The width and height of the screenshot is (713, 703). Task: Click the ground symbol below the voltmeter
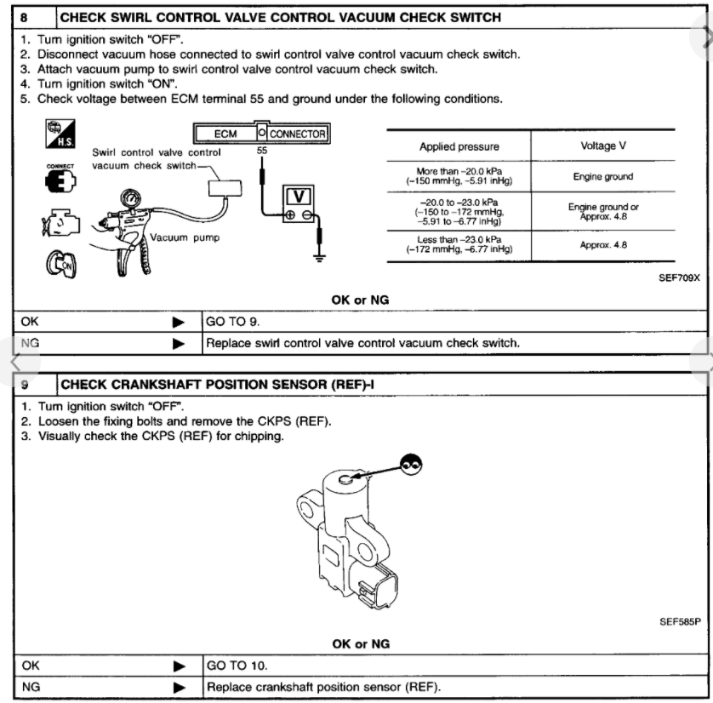pyautogui.click(x=321, y=254)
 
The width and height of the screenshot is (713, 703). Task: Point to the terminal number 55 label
pyautogui.click(x=262, y=150)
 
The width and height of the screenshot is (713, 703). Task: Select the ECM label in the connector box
pyautogui.click(x=225, y=134)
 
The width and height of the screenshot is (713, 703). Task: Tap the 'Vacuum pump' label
pyautogui.click(x=184, y=237)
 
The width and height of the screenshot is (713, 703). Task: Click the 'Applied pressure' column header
pyautogui.click(x=459, y=146)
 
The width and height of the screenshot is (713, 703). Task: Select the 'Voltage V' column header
pyautogui.click(x=602, y=146)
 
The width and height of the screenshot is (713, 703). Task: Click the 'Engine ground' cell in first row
pyautogui.click(x=603, y=177)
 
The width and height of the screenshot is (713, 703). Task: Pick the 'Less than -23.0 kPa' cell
pyautogui.click(x=459, y=243)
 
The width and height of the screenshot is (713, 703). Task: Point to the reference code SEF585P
pyautogui.click(x=680, y=621)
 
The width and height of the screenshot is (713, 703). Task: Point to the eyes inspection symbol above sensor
pyautogui.click(x=411, y=463)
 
